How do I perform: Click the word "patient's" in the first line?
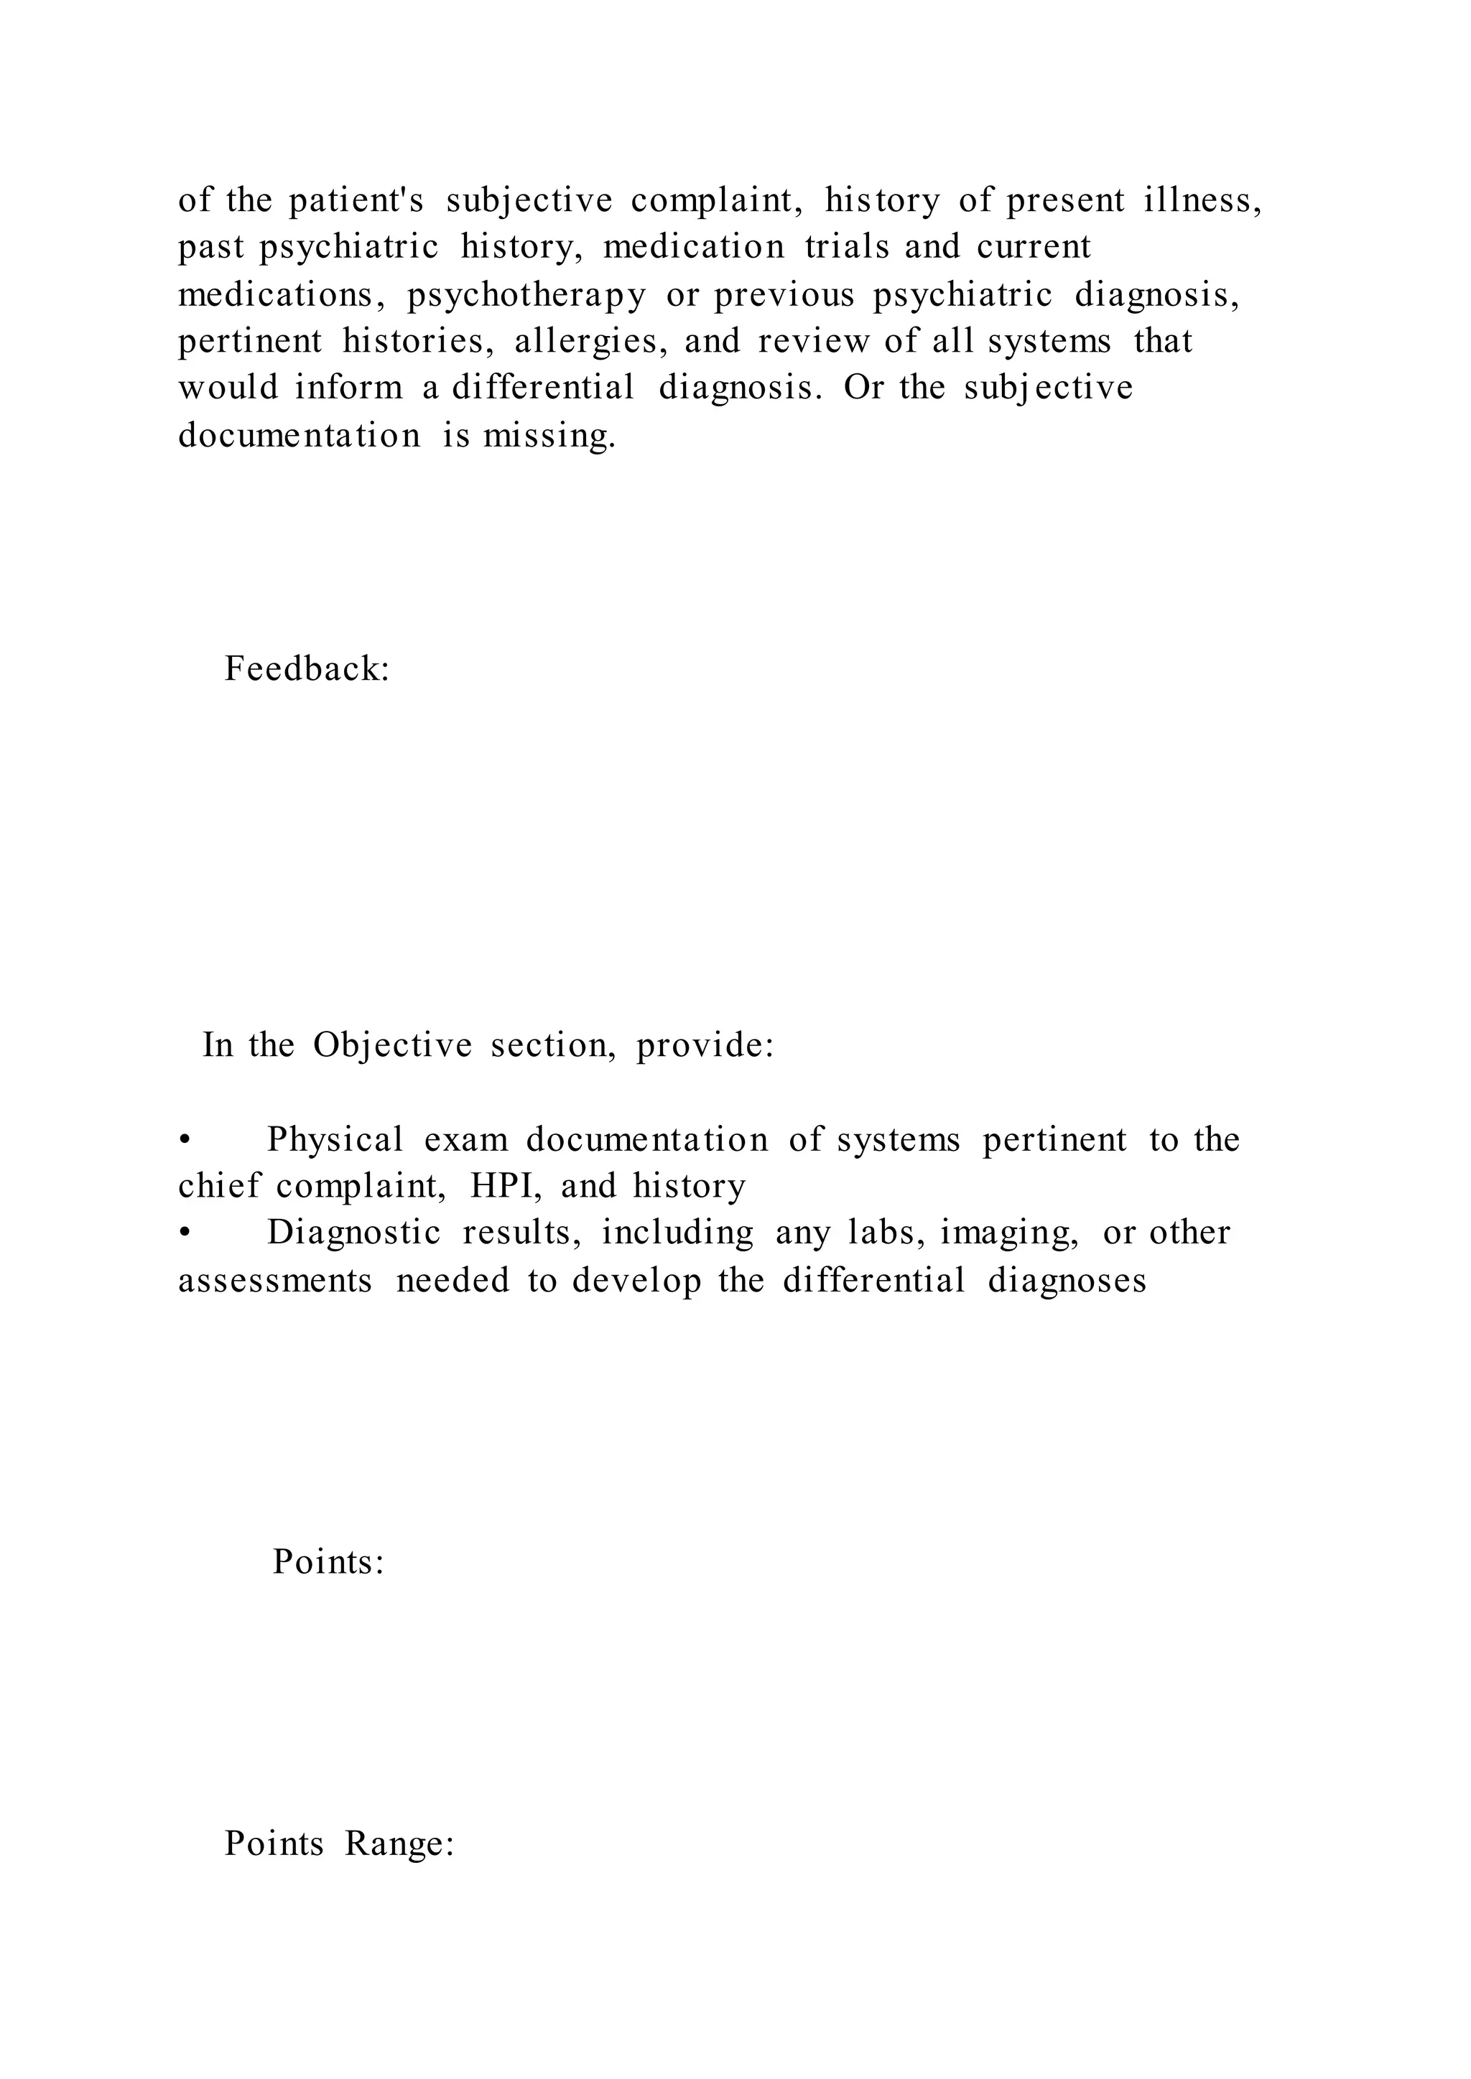click(x=356, y=200)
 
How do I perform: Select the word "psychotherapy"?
click(x=526, y=295)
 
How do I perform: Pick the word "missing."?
click(x=549, y=436)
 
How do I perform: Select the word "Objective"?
click(x=392, y=1045)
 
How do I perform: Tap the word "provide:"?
click(x=705, y=1045)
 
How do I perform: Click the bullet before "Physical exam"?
click(x=184, y=1140)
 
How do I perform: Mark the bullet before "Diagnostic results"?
click(x=184, y=1233)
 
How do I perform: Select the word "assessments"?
click(x=274, y=1281)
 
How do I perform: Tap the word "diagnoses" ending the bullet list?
click(x=1067, y=1281)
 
